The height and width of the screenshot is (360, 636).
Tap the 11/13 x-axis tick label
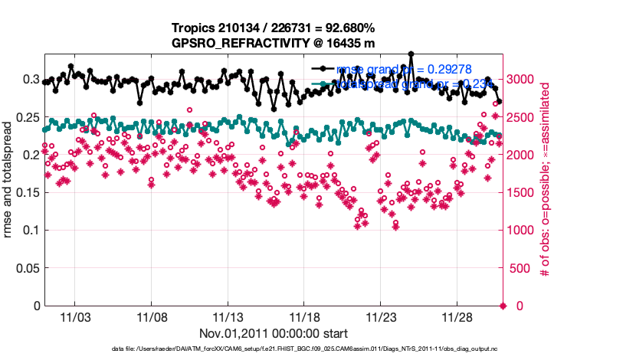coord(228,316)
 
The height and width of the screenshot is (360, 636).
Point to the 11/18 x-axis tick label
coord(304,316)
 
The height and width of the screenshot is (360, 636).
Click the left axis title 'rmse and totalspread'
coord(8,180)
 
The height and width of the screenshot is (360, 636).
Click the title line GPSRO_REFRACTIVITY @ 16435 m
coord(273,43)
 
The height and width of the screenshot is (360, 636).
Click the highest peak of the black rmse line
coord(411,54)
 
